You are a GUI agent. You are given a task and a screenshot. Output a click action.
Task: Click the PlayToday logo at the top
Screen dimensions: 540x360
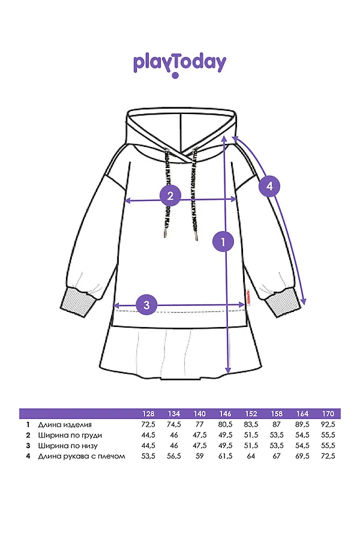(x=179, y=64)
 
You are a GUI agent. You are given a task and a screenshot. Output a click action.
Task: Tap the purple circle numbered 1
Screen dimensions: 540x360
(x=223, y=242)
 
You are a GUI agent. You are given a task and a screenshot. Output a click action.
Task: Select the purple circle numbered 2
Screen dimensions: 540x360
(x=170, y=195)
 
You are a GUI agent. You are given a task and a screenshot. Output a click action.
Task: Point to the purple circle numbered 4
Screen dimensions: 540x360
(x=269, y=187)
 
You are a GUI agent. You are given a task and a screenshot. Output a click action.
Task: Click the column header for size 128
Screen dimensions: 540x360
(x=149, y=414)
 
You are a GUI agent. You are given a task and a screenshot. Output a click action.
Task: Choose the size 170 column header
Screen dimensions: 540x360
(x=328, y=414)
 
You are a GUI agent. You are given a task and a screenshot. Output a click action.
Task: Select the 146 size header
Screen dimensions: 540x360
(x=226, y=414)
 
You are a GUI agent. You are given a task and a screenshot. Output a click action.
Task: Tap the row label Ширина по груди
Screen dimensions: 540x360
(x=70, y=435)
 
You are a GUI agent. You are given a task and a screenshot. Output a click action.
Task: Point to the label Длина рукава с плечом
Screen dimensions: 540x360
(x=82, y=457)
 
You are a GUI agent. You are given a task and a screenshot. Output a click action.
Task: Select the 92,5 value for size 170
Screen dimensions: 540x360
(x=328, y=425)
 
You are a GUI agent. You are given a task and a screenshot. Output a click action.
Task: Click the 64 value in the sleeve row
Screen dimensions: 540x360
(x=251, y=457)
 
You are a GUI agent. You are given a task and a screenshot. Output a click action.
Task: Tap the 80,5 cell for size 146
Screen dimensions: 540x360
(x=226, y=425)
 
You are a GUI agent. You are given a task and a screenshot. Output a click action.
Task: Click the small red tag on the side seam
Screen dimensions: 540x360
(x=247, y=298)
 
